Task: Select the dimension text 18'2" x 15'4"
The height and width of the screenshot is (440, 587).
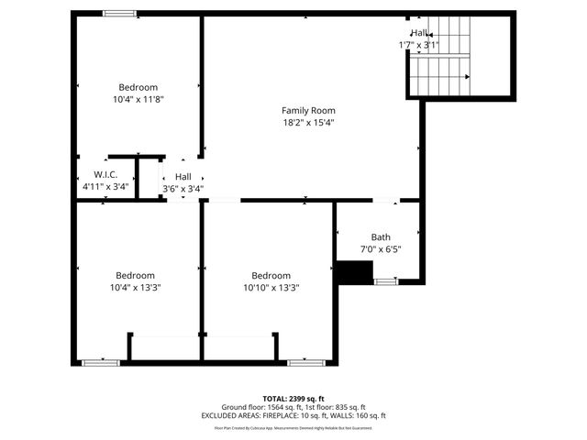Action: (308, 123)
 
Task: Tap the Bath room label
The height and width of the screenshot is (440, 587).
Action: (381, 236)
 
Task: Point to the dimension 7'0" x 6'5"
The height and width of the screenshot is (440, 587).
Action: (381, 248)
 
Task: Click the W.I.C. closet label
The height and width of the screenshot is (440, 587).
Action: (105, 174)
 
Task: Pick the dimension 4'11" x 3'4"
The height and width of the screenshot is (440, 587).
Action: (105, 187)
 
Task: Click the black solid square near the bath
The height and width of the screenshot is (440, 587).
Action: (354, 272)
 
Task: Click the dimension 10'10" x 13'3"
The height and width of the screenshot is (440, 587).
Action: (271, 287)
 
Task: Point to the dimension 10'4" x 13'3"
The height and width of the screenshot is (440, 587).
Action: (135, 287)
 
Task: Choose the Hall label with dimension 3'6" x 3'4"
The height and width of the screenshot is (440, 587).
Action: (183, 176)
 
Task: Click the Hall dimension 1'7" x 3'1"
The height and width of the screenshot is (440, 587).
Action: (418, 45)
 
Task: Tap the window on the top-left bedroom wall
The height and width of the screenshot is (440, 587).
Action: (119, 13)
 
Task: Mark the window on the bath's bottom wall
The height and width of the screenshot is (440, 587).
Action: (386, 282)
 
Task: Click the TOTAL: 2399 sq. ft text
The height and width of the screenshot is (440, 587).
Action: (293, 399)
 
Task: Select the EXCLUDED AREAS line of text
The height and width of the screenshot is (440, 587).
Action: (293, 415)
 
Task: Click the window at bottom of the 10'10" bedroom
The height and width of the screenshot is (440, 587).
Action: (305, 363)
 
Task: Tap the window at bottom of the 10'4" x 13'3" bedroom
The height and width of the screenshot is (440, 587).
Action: (101, 363)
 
